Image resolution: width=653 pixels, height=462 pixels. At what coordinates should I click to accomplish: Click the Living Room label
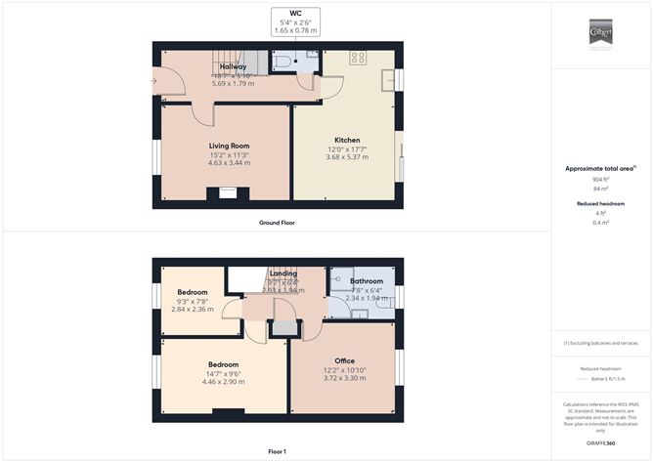click(x=229, y=146)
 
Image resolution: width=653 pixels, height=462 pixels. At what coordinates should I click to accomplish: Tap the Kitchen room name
click(x=347, y=140)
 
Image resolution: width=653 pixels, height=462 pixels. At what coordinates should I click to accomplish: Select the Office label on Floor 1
click(x=344, y=360)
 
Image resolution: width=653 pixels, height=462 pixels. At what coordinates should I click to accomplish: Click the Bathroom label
click(x=367, y=281)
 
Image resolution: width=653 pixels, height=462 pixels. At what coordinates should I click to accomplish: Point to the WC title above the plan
click(x=297, y=14)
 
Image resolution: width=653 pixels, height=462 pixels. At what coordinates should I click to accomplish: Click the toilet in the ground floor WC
click(x=283, y=62)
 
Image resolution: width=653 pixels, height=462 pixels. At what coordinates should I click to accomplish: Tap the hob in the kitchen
click(x=358, y=58)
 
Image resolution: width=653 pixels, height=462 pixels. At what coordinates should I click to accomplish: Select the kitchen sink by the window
click(x=387, y=78)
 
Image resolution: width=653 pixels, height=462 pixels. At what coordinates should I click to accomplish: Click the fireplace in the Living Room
click(x=228, y=193)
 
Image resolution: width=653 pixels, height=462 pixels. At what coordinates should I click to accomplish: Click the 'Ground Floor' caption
click(x=277, y=223)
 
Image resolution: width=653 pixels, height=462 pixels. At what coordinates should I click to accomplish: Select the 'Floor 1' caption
click(x=277, y=451)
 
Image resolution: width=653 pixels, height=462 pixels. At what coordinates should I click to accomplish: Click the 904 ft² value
click(x=598, y=180)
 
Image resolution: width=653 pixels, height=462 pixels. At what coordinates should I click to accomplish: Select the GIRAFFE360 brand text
click(x=600, y=443)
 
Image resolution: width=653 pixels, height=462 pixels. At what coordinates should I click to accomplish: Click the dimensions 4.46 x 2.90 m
click(x=223, y=382)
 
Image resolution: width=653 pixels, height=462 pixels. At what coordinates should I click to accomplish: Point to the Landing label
click(x=283, y=273)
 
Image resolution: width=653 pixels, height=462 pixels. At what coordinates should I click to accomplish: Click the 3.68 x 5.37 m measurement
click(x=347, y=157)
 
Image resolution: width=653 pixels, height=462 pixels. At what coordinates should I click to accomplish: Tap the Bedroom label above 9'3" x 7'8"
click(x=193, y=292)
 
